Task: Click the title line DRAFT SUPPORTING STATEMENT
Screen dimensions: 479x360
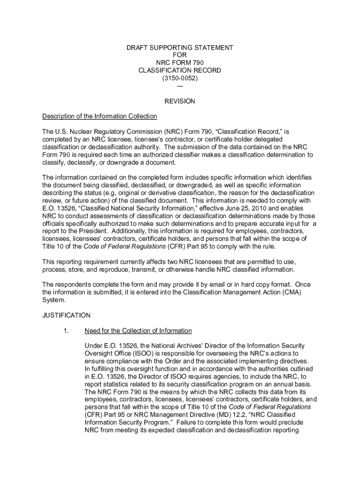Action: pos(180,48)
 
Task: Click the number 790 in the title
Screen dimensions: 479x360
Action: pos(198,63)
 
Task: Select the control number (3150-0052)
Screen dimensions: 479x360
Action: pos(180,78)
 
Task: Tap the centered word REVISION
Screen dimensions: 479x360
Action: pos(180,101)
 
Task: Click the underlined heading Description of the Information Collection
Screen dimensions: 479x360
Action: pos(100,116)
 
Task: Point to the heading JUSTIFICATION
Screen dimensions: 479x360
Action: pos(66,315)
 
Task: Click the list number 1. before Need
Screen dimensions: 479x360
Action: pos(66,331)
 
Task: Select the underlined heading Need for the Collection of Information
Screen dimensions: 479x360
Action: pos(138,331)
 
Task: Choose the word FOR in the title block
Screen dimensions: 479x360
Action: pos(180,55)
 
